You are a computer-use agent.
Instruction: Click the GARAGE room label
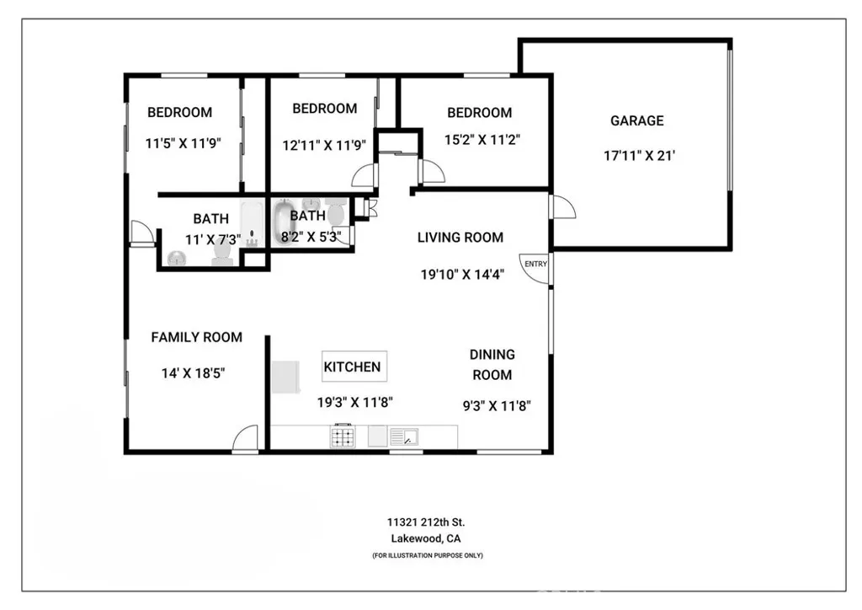tap(636, 120)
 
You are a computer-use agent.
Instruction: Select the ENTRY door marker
tap(535, 265)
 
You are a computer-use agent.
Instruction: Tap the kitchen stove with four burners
tap(343, 436)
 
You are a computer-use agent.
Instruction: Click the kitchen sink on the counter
tap(404, 436)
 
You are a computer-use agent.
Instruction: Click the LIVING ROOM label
tap(460, 238)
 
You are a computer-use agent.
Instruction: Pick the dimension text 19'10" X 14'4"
tap(462, 274)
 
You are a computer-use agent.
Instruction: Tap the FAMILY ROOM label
tap(196, 337)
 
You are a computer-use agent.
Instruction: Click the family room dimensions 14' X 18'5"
tap(194, 372)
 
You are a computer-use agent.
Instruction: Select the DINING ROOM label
tap(492, 365)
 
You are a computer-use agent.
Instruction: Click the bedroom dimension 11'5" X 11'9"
tap(183, 143)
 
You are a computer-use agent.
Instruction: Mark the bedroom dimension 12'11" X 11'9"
tap(324, 144)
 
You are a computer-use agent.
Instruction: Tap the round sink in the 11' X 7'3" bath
tap(177, 258)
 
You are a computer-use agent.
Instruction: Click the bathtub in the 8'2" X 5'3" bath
tap(284, 223)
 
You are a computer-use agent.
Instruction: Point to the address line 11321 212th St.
tap(427, 523)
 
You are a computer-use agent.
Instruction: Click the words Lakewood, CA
tap(427, 539)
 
